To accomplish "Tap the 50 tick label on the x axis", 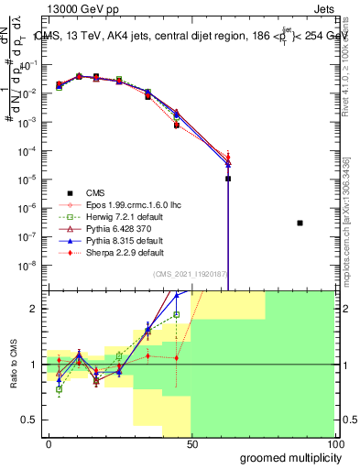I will [191, 443].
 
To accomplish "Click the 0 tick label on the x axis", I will [49, 443].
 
